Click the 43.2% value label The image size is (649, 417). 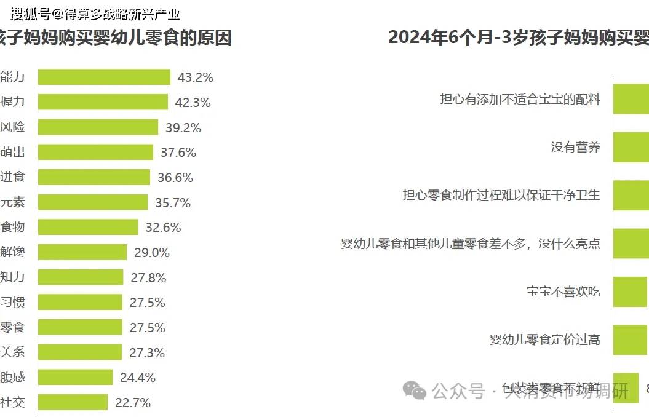click(195, 77)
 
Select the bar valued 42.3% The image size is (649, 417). click(103, 102)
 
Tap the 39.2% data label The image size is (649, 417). click(183, 128)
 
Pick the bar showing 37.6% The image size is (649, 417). click(95, 152)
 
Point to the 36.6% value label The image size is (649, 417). click(175, 178)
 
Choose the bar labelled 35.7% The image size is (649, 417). click(93, 202)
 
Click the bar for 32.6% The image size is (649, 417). click(88, 228)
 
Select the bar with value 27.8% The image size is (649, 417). click(81, 277)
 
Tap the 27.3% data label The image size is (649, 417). click(147, 353)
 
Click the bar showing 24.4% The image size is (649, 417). click(75, 378)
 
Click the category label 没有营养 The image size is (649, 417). click(575, 147)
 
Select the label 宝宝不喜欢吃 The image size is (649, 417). click(563, 292)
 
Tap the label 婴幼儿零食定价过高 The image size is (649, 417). click(544, 340)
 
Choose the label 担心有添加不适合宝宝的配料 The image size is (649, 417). click(520, 99)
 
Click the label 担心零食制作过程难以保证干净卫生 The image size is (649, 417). click(501, 195)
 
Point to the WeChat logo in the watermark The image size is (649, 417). click(414, 389)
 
